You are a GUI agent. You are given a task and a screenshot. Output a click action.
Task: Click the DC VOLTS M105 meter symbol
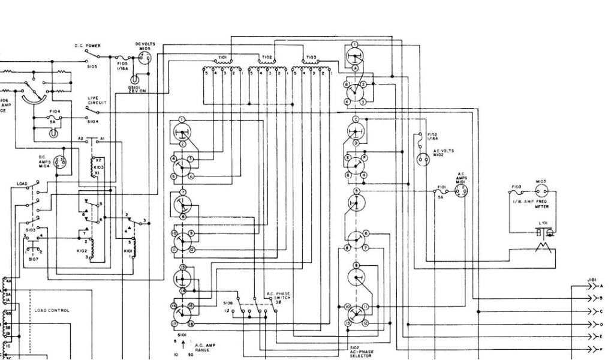(x=144, y=58)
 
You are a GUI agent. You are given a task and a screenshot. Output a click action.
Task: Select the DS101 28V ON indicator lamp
(x=137, y=78)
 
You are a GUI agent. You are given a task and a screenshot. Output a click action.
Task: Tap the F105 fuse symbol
(x=122, y=58)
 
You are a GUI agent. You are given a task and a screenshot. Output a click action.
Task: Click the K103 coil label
(x=99, y=167)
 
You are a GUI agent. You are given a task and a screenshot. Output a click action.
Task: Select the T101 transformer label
(x=222, y=58)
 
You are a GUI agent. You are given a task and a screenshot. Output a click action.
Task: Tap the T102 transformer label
(x=267, y=58)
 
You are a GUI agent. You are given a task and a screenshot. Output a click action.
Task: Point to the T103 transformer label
(x=311, y=58)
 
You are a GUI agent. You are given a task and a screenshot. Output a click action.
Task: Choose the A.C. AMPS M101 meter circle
(x=461, y=190)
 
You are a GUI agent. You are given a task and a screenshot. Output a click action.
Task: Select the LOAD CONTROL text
(x=52, y=310)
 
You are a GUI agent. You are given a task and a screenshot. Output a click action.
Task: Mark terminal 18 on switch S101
(x=191, y=324)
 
